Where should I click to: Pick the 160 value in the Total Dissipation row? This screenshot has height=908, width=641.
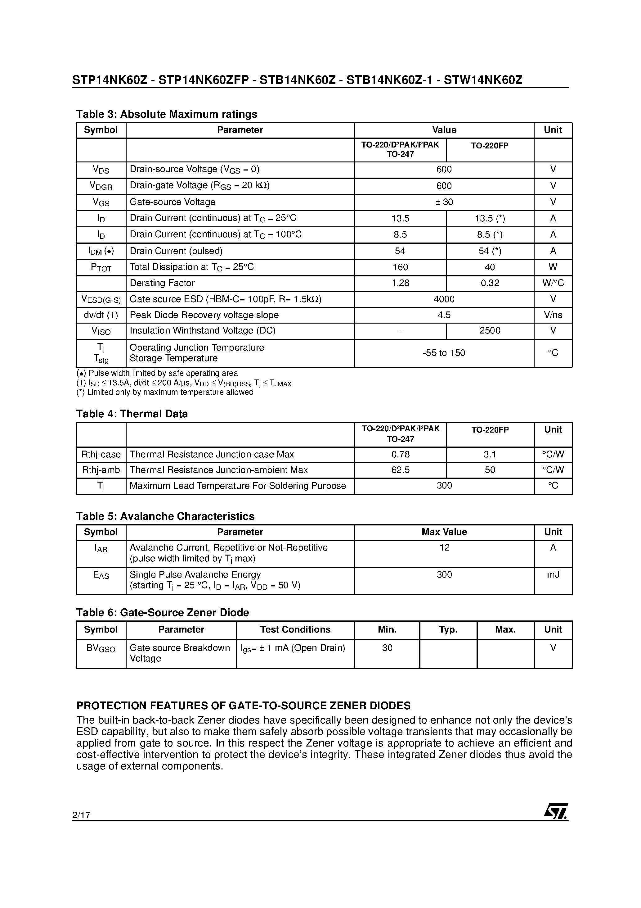400,267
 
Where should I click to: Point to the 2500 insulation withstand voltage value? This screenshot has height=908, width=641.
490,331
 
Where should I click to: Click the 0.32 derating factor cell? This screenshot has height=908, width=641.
490,283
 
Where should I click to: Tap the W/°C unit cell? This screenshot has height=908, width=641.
553,283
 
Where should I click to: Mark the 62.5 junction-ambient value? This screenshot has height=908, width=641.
400,470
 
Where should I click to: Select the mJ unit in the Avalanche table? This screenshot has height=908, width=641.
553,574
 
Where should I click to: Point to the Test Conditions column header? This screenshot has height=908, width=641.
295,629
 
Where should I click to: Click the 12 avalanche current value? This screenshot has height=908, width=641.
444,548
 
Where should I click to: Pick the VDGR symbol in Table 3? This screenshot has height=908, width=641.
101,186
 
